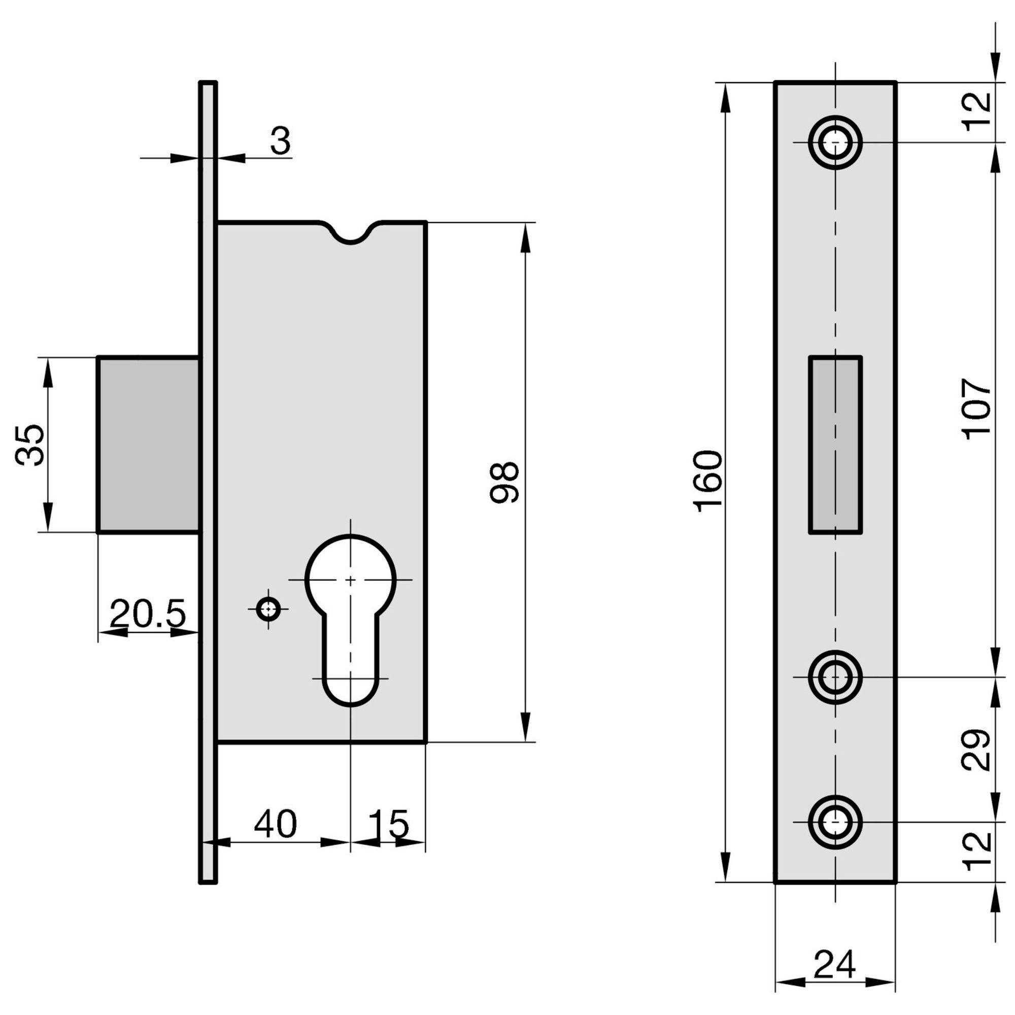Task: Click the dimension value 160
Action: [x=708, y=481]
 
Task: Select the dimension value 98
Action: [x=504, y=482]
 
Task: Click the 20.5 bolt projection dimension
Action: [x=148, y=613]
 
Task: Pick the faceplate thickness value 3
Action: [x=281, y=141]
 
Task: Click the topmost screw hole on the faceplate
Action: [x=835, y=143]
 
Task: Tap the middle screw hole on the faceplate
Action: [x=835, y=677]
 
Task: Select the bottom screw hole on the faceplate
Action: [x=835, y=822]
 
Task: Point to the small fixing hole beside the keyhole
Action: [x=268, y=610]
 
